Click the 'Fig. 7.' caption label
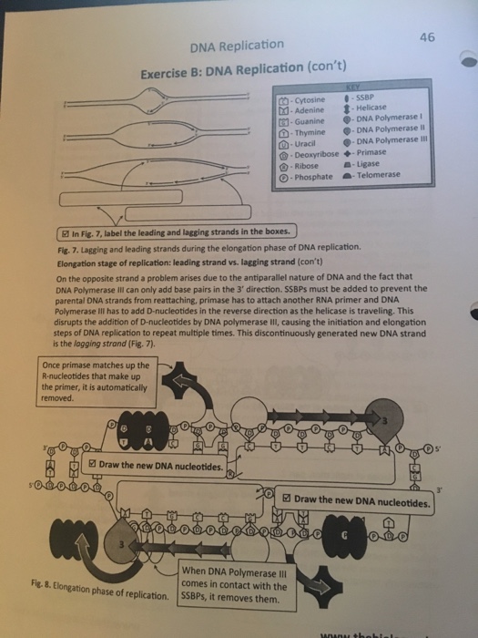click(x=68, y=247)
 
